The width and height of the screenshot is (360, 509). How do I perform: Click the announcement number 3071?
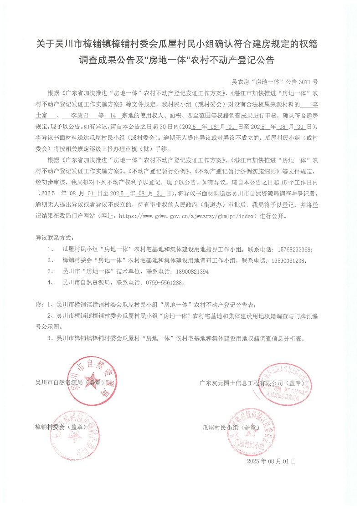pyautogui.click(x=304, y=82)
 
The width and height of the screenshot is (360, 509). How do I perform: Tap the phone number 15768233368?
pyautogui.click(x=292, y=250)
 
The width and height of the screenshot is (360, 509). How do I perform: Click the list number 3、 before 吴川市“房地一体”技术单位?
pyautogui.click(x=51, y=271)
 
